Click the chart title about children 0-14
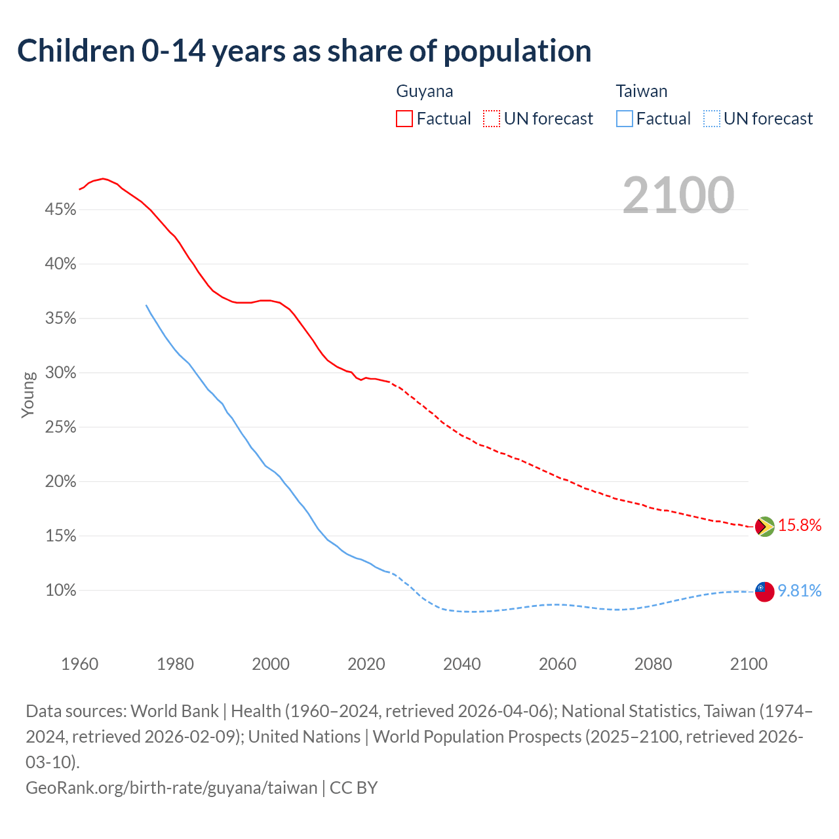point(304,51)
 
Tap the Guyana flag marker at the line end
point(764,526)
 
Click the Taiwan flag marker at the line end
point(764,591)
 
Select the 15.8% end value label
point(800,525)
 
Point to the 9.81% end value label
point(800,591)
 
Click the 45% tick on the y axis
point(60,210)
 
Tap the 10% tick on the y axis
point(60,591)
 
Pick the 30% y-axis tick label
point(60,373)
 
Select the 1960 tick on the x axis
point(80,664)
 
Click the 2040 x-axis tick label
point(462,664)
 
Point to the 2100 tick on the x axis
point(749,664)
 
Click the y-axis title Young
point(29,395)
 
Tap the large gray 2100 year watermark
point(678,195)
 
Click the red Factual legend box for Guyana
point(404,119)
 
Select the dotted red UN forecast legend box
point(492,119)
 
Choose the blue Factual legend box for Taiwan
point(625,119)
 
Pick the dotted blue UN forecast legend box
point(712,119)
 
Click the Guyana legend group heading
point(425,91)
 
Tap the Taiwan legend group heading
point(642,91)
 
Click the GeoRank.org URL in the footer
point(172,787)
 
